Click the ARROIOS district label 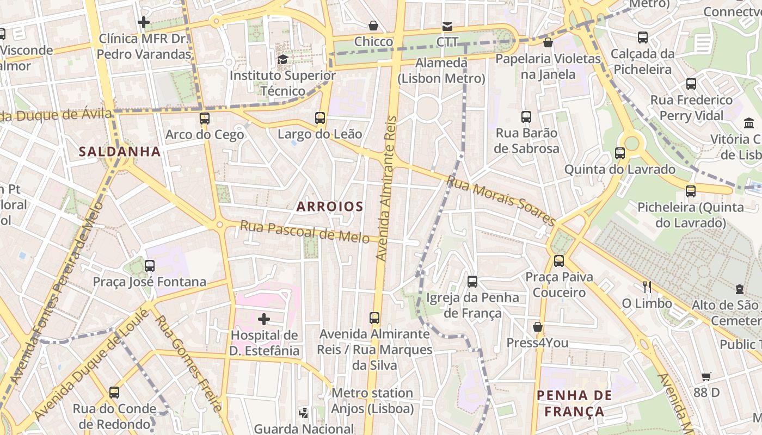tap(330, 207)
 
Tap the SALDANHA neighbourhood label tap(120, 152)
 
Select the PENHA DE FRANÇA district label tap(574, 403)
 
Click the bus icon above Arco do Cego tap(204, 118)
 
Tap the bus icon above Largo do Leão tap(320, 117)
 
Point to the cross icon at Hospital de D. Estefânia tap(264, 319)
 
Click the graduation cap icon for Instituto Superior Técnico tap(282, 59)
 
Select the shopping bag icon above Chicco tap(373, 26)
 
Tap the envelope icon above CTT tap(447, 26)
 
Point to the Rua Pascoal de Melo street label tap(304, 232)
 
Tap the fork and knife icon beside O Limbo tap(647, 287)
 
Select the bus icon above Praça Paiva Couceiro tap(559, 260)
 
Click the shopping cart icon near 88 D tap(706, 376)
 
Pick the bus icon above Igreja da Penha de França tap(472, 281)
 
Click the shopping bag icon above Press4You tap(538, 327)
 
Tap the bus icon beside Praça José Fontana tap(150, 266)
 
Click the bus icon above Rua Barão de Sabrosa tap(526, 116)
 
